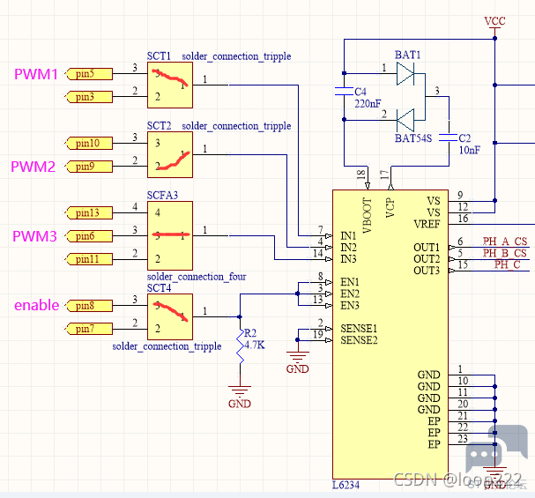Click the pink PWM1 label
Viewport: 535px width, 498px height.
[x=35, y=75]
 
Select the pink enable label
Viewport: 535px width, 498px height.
[x=36, y=306]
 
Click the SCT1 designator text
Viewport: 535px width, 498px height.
[x=160, y=56]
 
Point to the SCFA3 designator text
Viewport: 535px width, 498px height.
[x=163, y=195]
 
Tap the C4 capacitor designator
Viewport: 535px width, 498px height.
[x=360, y=92]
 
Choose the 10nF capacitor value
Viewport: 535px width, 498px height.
[x=469, y=150]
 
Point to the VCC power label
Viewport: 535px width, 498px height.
[x=494, y=19]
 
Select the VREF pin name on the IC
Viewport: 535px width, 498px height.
[x=426, y=224]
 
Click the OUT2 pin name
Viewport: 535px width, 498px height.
[x=426, y=258]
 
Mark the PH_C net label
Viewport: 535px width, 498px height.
[x=507, y=264]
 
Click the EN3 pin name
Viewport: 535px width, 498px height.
[x=350, y=305]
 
